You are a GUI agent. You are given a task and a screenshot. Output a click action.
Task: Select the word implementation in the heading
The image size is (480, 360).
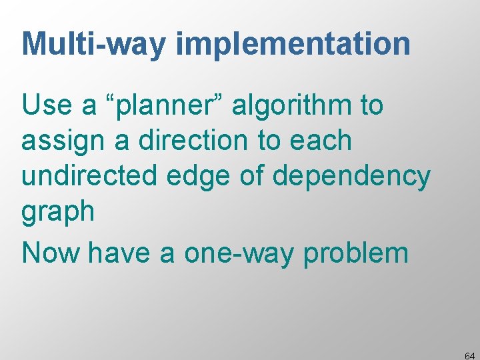tap(293, 44)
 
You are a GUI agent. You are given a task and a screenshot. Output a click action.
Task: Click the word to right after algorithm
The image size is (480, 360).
tap(369, 106)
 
